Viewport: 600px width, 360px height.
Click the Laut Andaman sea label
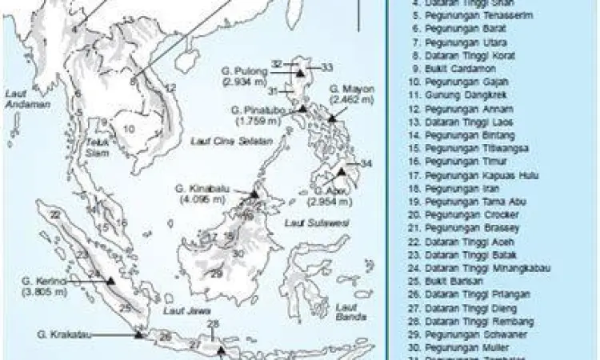pyautogui.click(x=18, y=98)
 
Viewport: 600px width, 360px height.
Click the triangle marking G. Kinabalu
pyautogui.click(x=254, y=194)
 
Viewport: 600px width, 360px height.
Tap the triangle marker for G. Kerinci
pyautogui.click(x=110, y=282)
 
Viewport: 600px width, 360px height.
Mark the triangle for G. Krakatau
pyautogui.click(x=138, y=334)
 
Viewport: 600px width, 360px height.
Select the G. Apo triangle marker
pyautogui.click(x=341, y=172)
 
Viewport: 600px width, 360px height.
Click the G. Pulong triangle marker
pyautogui.click(x=299, y=73)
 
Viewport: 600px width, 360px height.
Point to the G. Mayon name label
pyautogui.click(x=346, y=90)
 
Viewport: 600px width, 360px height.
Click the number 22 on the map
pyautogui.click(x=54, y=215)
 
